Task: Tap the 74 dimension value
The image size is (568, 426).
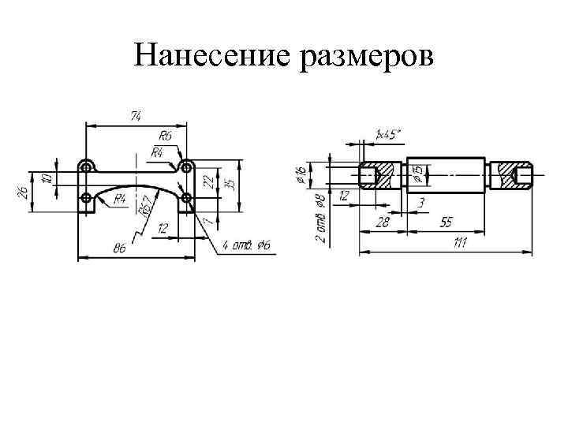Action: pyautogui.click(x=136, y=116)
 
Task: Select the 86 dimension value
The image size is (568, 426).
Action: pyautogui.click(x=120, y=248)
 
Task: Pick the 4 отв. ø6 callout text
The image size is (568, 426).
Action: pyautogui.click(x=247, y=246)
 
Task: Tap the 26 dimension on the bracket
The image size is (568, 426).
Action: pyautogui.click(x=24, y=191)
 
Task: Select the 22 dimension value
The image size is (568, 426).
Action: pyautogui.click(x=207, y=181)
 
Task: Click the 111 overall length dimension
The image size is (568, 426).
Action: pyautogui.click(x=459, y=244)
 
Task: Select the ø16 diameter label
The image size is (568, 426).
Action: pyautogui.click(x=301, y=175)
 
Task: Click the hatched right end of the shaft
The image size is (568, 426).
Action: pyautogui.click(x=511, y=176)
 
